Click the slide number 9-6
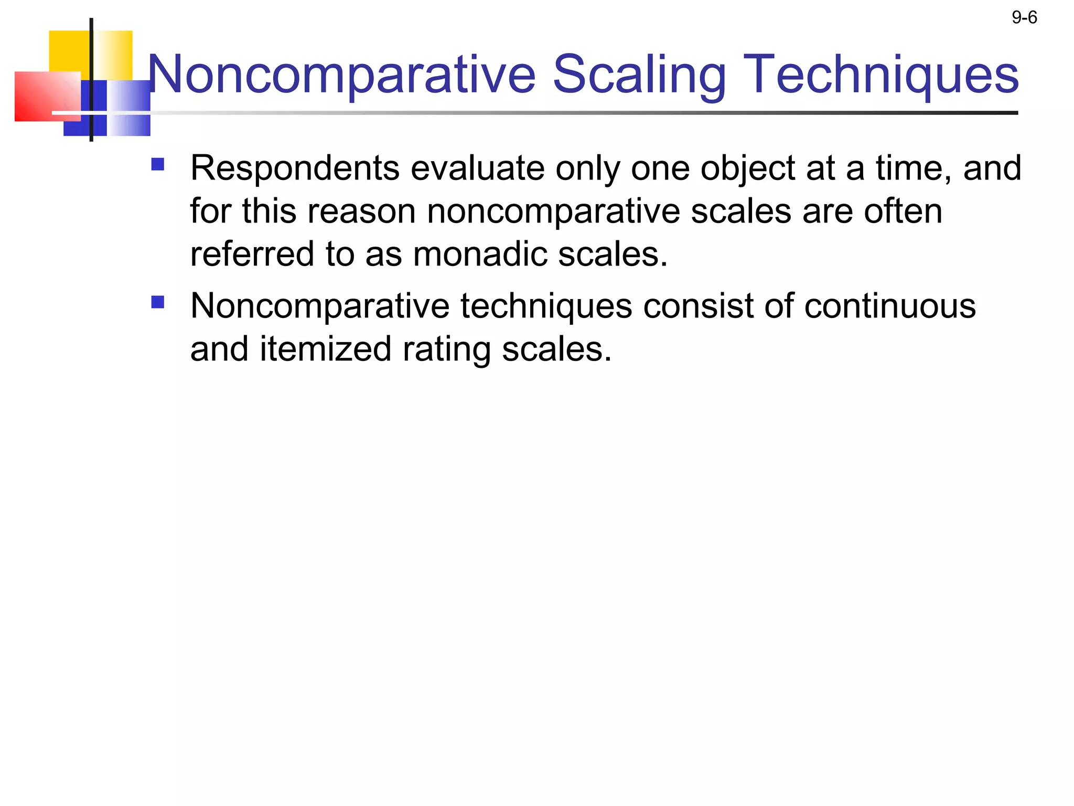pyautogui.click(x=1024, y=18)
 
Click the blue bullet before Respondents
pyautogui.click(x=157, y=165)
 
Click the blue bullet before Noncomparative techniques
pyautogui.click(x=157, y=302)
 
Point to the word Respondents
pyautogui.click(x=295, y=168)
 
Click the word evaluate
pyautogui.click(x=477, y=168)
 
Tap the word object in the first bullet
pyautogui.click(x=748, y=169)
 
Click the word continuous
pyautogui.click(x=889, y=306)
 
